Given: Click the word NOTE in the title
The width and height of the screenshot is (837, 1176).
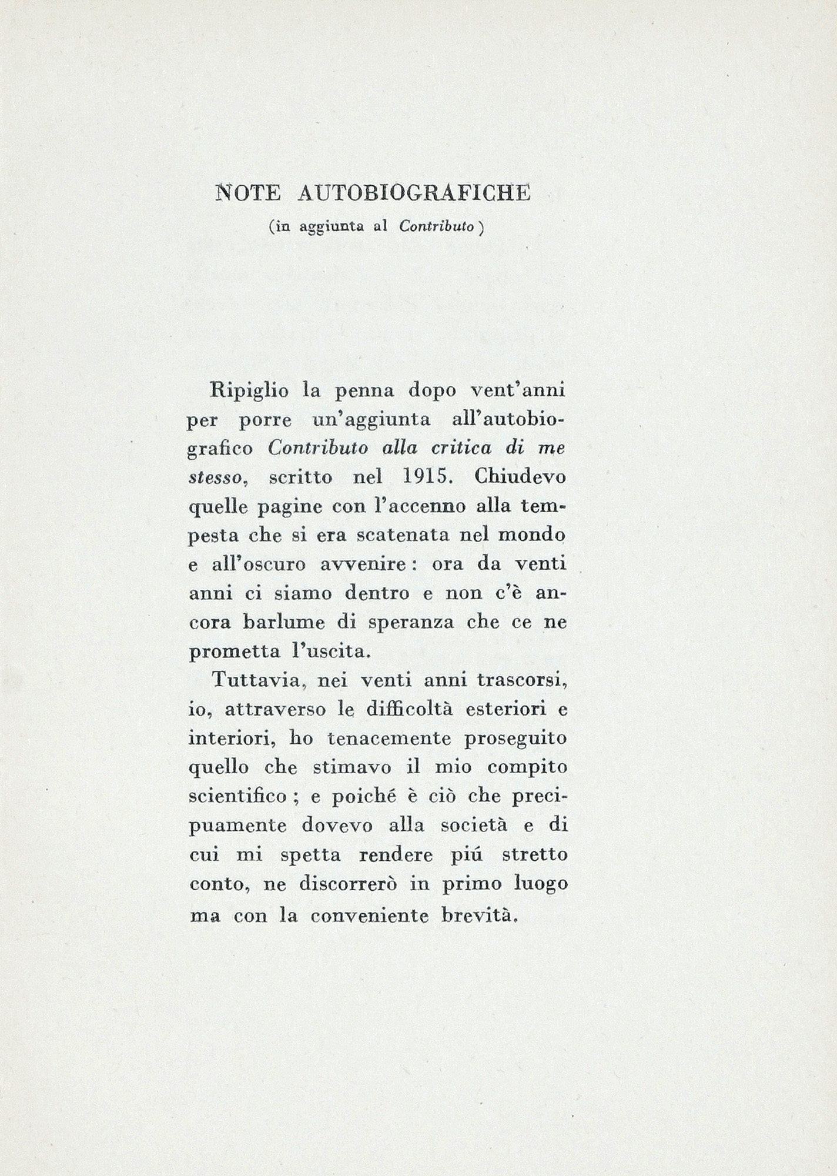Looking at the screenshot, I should [x=249, y=193].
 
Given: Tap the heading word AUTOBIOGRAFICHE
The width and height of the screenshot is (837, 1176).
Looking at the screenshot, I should [x=414, y=193].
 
